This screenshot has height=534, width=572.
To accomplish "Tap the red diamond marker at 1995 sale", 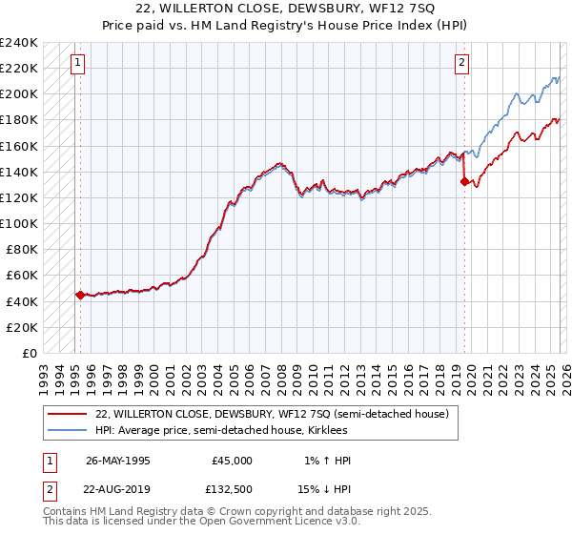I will [x=80, y=296].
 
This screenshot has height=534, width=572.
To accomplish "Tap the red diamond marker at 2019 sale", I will [x=464, y=181].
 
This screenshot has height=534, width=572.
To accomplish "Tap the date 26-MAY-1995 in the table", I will [x=118, y=461].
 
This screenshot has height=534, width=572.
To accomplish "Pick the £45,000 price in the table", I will [x=232, y=461].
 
